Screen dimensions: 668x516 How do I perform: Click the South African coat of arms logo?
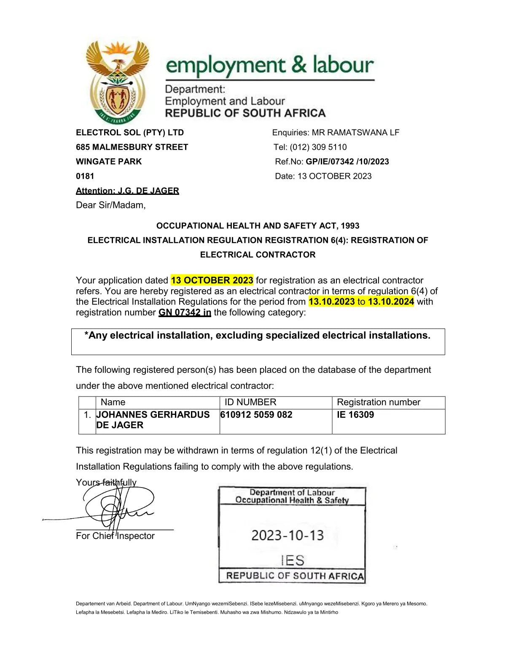(117, 81)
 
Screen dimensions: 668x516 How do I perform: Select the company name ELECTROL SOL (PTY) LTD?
(130, 132)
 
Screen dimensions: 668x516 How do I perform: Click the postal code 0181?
(85, 176)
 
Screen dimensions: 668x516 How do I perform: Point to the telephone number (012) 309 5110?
(318, 147)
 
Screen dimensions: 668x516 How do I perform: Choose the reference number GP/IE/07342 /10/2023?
(347, 162)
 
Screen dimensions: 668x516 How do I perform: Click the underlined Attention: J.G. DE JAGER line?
(127, 191)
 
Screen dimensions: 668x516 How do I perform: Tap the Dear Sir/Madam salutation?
(110, 205)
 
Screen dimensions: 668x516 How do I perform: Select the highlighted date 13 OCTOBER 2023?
(212, 280)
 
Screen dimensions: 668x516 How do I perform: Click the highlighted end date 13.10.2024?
(391, 302)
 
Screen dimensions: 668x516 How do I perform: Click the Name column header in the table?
(113, 402)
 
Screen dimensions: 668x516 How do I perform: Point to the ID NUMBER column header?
(250, 402)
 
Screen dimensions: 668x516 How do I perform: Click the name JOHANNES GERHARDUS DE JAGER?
(153, 420)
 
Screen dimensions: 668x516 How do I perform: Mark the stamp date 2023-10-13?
(288, 536)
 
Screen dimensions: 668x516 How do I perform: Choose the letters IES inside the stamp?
(293, 560)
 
